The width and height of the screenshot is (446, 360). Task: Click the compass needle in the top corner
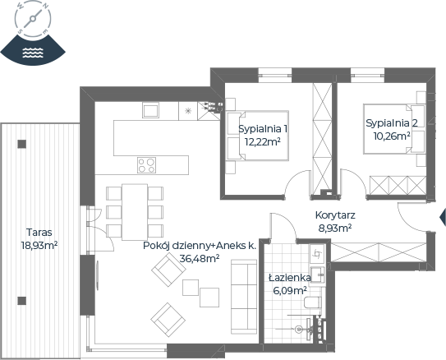pyautogui.click(x=33, y=19)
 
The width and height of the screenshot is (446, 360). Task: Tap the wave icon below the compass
pyautogui.click(x=33, y=53)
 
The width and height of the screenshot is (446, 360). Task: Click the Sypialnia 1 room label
pyautogui.click(x=263, y=129)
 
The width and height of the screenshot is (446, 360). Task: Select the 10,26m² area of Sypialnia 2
pyautogui.click(x=392, y=136)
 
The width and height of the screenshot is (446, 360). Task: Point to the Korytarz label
pyautogui.click(x=335, y=215)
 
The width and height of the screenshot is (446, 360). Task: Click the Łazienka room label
pyautogui.click(x=290, y=278)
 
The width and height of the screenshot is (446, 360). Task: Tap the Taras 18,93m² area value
pyautogui.click(x=39, y=245)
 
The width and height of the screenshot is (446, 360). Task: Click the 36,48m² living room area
pyautogui.click(x=200, y=258)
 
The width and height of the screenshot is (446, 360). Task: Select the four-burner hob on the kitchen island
pyautogui.click(x=146, y=165)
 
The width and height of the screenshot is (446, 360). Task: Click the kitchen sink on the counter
pyautogui.click(x=151, y=110)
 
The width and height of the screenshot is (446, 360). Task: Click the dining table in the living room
pyautogui.click(x=135, y=212)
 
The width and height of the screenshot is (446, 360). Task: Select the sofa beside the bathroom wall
pyautogui.click(x=244, y=297)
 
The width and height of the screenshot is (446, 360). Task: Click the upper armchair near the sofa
pyautogui.click(x=168, y=270)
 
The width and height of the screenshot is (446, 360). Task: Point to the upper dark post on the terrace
pyautogui.click(x=22, y=144)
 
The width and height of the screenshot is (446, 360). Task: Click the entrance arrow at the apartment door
pyautogui.click(x=443, y=217)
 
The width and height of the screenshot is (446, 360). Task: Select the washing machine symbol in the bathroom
pyautogui.click(x=317, y=253)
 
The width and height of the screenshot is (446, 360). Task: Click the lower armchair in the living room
pyautogui.click(x=168, y=320)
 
